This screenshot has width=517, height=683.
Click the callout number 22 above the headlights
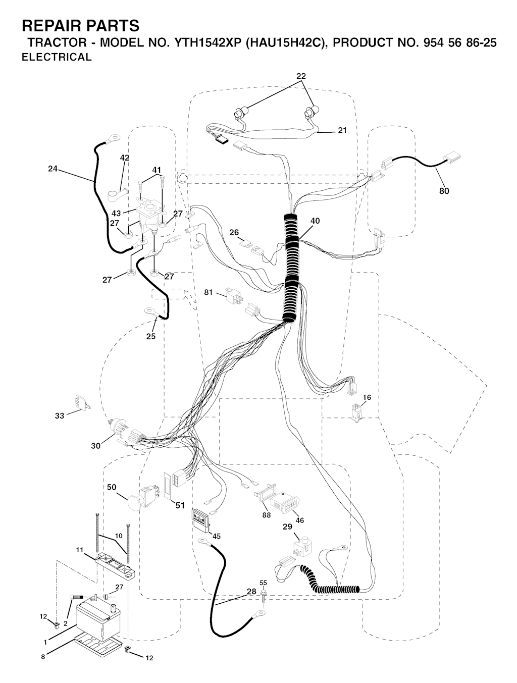[301, 76]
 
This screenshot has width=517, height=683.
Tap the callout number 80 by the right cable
[444, 191]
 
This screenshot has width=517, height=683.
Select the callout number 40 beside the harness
[315, 221]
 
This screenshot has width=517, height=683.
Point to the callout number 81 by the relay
[209, 292]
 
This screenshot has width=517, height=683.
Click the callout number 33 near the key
[60, 415]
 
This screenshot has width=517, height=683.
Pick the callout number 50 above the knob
[112, 487]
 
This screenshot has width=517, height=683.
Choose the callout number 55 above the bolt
[263, 583]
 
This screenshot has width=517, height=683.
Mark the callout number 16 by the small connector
[367, 397]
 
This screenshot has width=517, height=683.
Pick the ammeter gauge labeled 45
[200, 519]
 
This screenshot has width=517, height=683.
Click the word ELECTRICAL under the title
[57, 57]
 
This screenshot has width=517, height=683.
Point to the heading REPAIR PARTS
[81, 26]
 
